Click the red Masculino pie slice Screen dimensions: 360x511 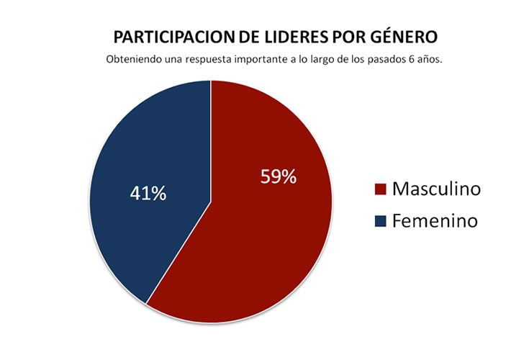(x=266, y=238)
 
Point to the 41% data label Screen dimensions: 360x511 (x=148, y=193)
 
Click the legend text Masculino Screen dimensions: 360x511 (x=436, y=189)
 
